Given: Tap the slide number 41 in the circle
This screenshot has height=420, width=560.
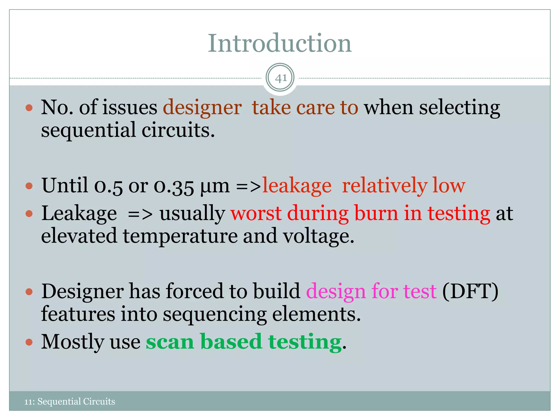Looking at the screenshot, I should click(280, 78).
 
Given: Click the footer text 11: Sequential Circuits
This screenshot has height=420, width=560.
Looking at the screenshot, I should click(70, 401).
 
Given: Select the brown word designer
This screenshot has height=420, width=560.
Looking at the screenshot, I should click(202, 107).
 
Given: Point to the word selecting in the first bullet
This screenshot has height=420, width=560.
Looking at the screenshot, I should click(459, 107).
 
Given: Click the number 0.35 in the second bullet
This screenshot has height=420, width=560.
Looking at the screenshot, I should click(174, 186).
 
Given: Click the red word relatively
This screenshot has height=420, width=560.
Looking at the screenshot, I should click(384, 186).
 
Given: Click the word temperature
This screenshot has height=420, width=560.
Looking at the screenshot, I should click(180, 236).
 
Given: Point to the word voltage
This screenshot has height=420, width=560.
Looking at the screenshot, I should click(318, 236).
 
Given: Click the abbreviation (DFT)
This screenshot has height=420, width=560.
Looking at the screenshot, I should click(470, 291).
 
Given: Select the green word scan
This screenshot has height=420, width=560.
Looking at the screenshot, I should click(170, 342).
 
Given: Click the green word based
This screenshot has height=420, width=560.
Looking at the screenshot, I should click(231, 342).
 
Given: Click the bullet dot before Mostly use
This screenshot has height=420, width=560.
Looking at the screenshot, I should click(29, 342).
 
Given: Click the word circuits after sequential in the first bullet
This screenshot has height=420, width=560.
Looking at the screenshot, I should click(178, 130).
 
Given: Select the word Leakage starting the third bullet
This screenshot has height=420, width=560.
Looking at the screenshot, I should click(79, 214).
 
